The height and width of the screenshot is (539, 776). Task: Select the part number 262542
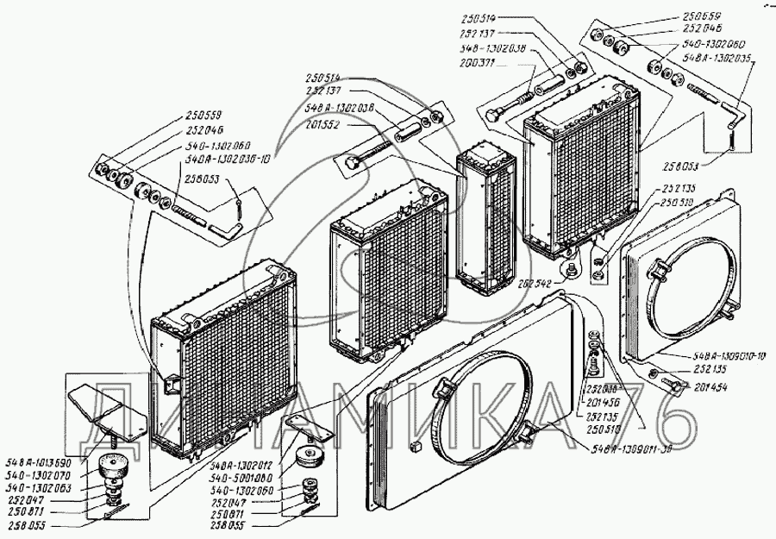pyautogui.click(x=541, y=282)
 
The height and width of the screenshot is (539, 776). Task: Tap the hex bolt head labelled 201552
pyautogui.click(x=351, y=161)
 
